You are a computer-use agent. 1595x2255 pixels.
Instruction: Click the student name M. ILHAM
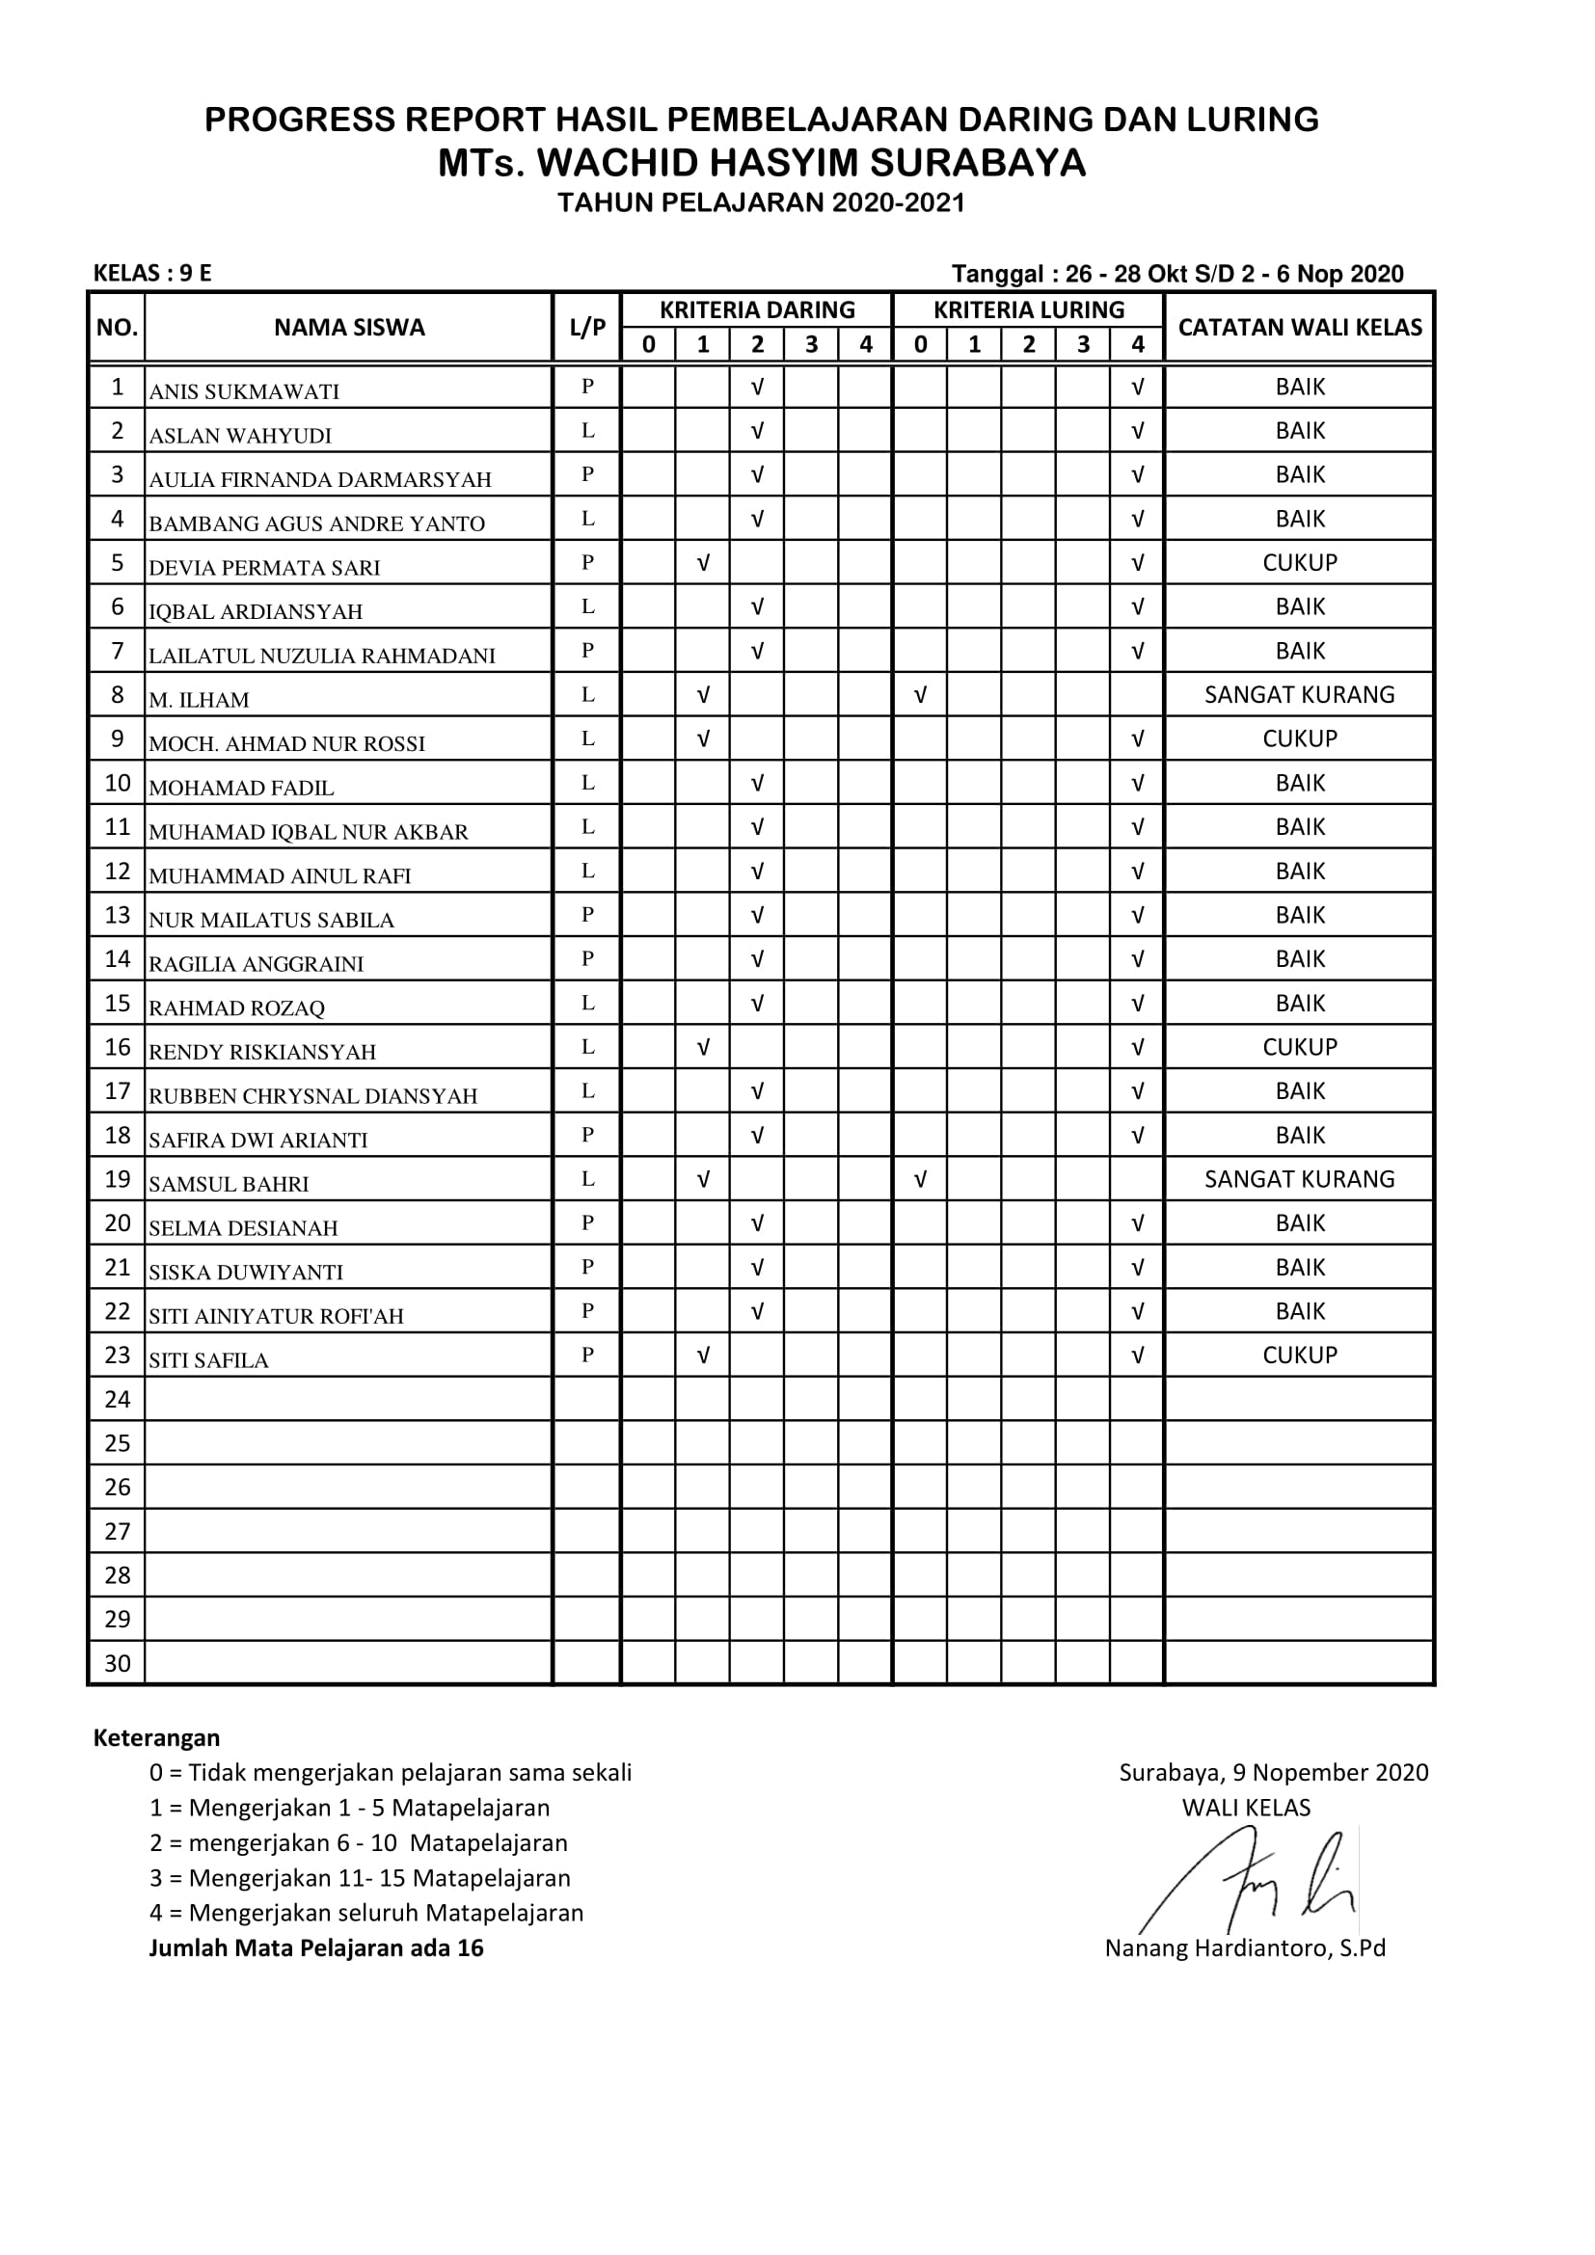[199, 699]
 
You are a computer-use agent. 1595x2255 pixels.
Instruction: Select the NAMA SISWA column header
[349, 327]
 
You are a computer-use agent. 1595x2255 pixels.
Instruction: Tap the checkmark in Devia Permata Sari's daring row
[703, 563]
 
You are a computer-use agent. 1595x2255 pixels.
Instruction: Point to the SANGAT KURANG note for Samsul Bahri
[1298, 1178]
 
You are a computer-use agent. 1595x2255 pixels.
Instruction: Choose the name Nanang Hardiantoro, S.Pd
[1244, 1948]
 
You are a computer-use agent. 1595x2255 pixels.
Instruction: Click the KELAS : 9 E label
[152, 273]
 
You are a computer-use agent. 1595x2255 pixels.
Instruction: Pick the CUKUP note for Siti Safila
[1298, 1355]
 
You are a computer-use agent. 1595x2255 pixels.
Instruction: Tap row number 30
[117, 1663]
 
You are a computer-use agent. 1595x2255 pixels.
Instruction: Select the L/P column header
[587, 328]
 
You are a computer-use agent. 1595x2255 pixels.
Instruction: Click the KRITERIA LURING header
[1028, 310]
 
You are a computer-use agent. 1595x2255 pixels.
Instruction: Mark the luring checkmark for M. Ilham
[920, 695]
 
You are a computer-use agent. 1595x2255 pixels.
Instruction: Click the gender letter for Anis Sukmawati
[587, 386]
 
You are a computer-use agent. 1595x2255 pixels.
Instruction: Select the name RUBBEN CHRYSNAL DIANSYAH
[312, 1096]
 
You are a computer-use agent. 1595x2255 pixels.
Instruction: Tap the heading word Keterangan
[156, 1737]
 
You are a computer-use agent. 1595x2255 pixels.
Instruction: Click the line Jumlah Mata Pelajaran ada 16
[316, 1947]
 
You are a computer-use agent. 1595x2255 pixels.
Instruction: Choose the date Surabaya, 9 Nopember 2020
[1273, 1773]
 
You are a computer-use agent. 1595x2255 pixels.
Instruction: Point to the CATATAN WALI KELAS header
[1298, 327]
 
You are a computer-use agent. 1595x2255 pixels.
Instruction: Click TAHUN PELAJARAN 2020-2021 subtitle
[761, 203]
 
